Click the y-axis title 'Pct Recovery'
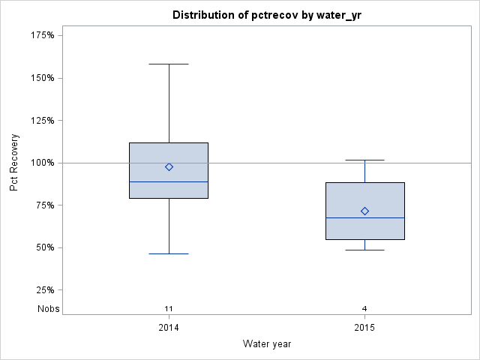click(x=15, y=163)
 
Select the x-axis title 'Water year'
click(x=267, y=343)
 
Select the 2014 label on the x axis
click(x=169, y=328)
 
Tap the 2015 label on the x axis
click(x=364, y=328)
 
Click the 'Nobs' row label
click(x=49, y=308)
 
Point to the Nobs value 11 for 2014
click(x=169, y=308)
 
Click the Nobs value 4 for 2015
click(x=364, y=308)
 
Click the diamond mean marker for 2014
click(x=169, y=167)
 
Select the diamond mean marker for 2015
click(x=364, y=211)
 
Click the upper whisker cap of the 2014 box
click(x=169, y=64)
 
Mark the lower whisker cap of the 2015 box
click(x=364, y=250)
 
